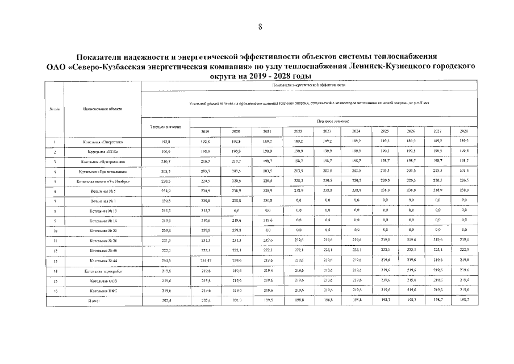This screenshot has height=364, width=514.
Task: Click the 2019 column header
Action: click(205, 131)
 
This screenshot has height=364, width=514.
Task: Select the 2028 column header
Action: click(463, 131)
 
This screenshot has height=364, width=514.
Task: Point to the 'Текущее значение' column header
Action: click(165, 126)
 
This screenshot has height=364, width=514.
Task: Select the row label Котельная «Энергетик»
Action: click(102, 142)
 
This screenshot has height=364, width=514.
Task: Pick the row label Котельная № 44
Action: click(102, 261)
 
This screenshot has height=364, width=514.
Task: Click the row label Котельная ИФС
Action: click(102, 291)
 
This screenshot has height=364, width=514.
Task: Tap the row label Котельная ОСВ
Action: click(102, 281)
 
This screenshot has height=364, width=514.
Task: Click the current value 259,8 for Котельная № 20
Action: click(165, 231)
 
